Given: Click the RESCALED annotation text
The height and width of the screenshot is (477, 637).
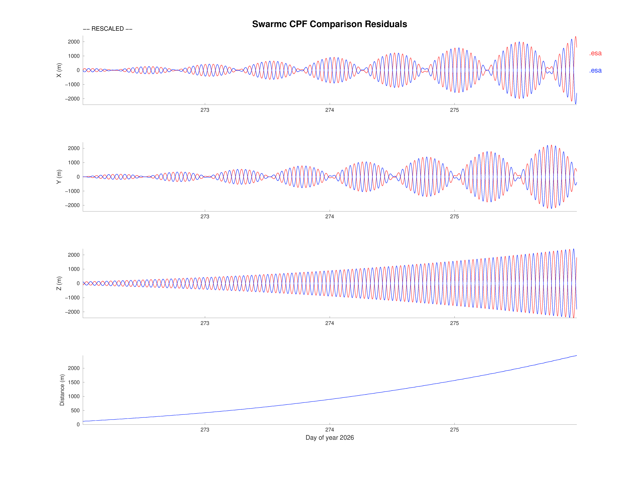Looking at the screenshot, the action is coord(107,29).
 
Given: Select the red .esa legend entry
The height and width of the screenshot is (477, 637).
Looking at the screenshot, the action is coord(595,53).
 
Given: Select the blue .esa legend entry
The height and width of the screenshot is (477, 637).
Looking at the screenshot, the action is coord(595,70).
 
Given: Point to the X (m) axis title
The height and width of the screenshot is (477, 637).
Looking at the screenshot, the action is coord(59,70).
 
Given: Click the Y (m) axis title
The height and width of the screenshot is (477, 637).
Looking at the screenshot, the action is coord(59,177).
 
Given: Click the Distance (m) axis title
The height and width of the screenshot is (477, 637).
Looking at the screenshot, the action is coord(62,390).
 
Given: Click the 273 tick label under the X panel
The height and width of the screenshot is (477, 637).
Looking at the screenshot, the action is coord(205,110).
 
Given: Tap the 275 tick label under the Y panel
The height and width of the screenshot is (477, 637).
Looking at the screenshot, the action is coord(454,217).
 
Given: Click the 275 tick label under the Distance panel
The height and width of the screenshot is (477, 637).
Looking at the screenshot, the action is coord(454,430).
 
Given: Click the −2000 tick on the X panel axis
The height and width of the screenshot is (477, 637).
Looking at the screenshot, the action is coord(72,99).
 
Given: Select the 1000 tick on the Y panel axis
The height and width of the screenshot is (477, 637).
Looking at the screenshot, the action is coord(74,162).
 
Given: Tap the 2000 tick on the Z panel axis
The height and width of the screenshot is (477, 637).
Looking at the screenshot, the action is coord(74,255).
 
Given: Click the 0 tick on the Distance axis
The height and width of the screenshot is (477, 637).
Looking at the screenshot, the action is coord(78,424).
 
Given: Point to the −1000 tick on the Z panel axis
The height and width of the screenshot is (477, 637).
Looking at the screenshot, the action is coord(72,298).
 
